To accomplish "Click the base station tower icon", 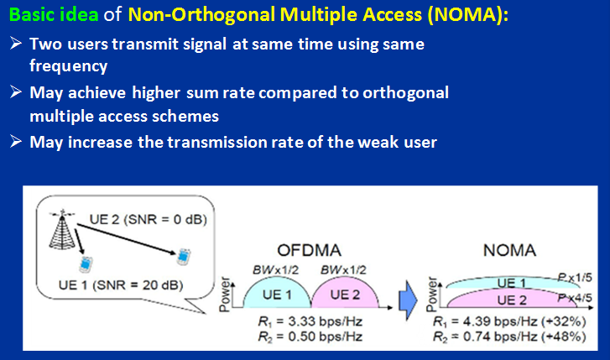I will pos(58,223).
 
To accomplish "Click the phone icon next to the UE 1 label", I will pos(85,266).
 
